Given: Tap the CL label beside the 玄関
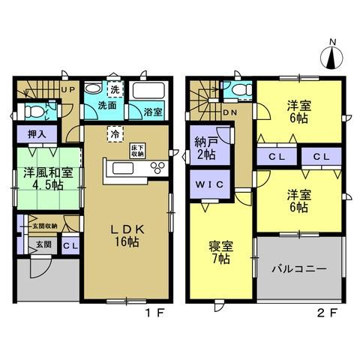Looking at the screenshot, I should point(67,245).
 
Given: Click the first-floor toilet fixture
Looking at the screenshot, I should point(33,112).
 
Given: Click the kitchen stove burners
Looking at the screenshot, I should point(157,167).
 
